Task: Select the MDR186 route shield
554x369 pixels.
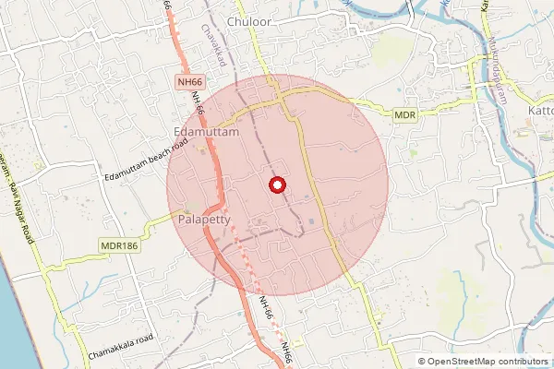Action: coord(118,246)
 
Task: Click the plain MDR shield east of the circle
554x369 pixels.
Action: coord(405,114)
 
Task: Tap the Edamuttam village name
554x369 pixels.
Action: coord(206,133)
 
